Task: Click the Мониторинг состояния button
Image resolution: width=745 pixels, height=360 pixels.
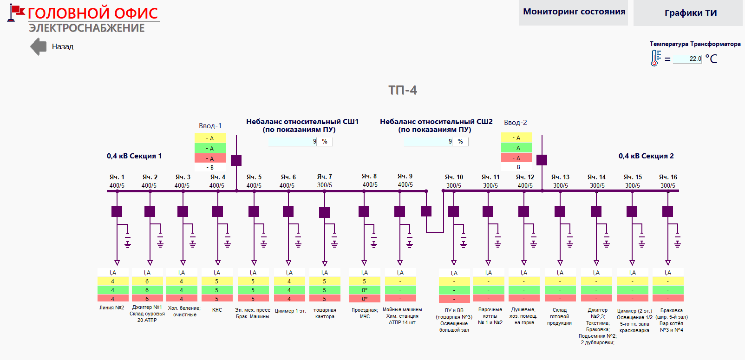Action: click(x=574, y=13)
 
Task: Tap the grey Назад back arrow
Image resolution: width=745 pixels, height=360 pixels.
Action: click(x=39, y=46)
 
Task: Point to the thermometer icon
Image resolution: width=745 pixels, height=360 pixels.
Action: click(x=655, y=58)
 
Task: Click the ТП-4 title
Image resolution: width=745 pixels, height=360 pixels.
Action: click(x=402, y=90)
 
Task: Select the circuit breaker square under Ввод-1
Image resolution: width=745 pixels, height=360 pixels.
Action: click(x=236, y=160)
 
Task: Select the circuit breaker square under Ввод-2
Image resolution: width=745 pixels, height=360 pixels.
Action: click(x=542, y=160)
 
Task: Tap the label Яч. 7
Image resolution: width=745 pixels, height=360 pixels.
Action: click(x=324, y=177)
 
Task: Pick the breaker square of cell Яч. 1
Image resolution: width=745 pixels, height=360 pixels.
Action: click(x=117, y=212)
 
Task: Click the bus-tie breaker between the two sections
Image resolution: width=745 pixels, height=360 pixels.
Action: click(x=426, y=211)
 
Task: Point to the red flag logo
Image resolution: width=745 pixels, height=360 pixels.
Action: click(x=16, y=13)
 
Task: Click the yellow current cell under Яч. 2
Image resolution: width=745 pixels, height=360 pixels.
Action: click(x=147, y=281)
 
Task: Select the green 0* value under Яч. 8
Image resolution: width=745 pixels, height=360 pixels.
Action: click(x=365, y=290)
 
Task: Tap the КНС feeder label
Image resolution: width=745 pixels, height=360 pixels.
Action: click(x=217, y=310)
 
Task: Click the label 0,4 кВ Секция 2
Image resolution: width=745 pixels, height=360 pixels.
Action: click(x=646, y=156)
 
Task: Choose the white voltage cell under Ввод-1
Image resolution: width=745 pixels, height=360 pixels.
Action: click(x=210, y=167)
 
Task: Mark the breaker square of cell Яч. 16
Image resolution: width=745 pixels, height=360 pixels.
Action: click(x=667, y=212)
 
